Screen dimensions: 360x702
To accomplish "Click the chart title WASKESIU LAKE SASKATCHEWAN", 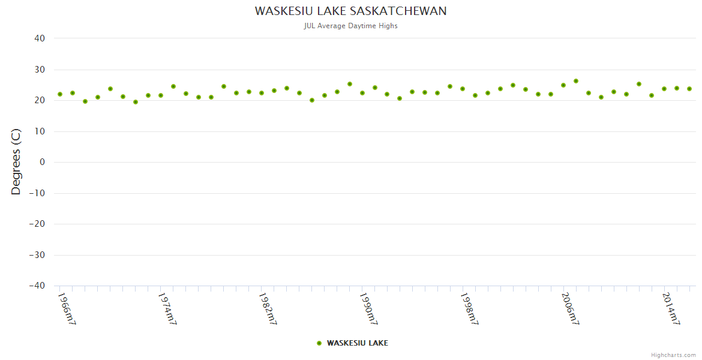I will click(x=350, y=11).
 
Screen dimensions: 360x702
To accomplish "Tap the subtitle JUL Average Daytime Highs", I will click(x=350, y=26).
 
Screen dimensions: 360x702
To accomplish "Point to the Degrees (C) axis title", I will click(x=16, y=161).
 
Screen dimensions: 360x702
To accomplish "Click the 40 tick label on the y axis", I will click(x=40, y=38).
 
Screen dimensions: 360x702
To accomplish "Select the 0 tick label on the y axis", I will click(x=42, y=162).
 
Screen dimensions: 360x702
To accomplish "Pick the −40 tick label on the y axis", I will click(x=37, y=286).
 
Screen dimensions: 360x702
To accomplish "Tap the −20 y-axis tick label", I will click(x=37, y=224).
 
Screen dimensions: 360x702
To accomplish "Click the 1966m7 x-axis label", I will click(x=67, y=309).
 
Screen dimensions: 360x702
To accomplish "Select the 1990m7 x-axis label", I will click(x=368, y=309).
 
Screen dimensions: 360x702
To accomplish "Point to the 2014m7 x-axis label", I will click(x=671, y=309).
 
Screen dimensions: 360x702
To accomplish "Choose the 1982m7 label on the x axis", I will click(x=268, y=309).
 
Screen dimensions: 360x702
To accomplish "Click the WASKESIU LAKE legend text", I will click(x=357, y=343).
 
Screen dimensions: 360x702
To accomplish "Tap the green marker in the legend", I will click(x=319, y=343).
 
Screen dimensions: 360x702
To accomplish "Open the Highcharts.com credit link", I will click(x=673, y=355).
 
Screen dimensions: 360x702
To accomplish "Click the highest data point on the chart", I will click(x=576, y=81).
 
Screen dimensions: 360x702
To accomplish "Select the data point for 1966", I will click(x=60, y=94).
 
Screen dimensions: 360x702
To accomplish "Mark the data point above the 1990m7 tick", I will click(x=362, y=93).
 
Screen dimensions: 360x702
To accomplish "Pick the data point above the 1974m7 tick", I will click(x=161, y=95).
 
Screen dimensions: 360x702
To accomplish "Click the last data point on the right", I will click(x=689, y=89).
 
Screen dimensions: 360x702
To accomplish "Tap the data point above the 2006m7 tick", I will click(x=563, y=85).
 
